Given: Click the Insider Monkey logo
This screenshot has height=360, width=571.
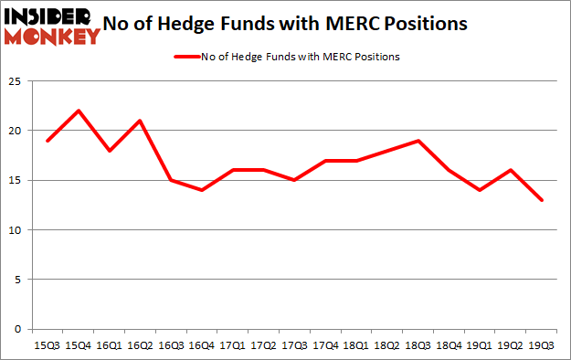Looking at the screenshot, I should tap(52, 26).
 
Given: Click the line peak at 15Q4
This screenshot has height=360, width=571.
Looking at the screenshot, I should tap(78, 111).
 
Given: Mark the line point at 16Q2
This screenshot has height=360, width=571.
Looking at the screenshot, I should tap(140, 121).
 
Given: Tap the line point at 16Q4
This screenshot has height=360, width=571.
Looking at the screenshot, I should tap(202, 190).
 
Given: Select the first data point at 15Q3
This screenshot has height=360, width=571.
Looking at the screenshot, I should tap(47, 141).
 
